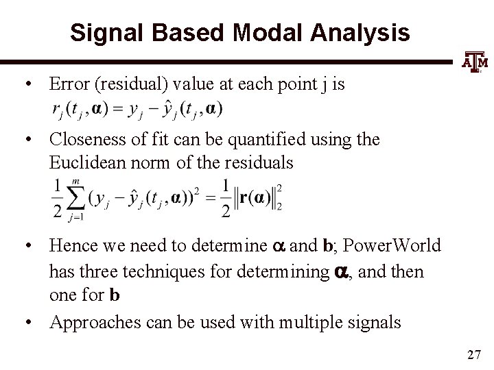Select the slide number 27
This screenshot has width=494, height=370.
click(473, 354)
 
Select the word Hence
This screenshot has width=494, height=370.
click(70, 246)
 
